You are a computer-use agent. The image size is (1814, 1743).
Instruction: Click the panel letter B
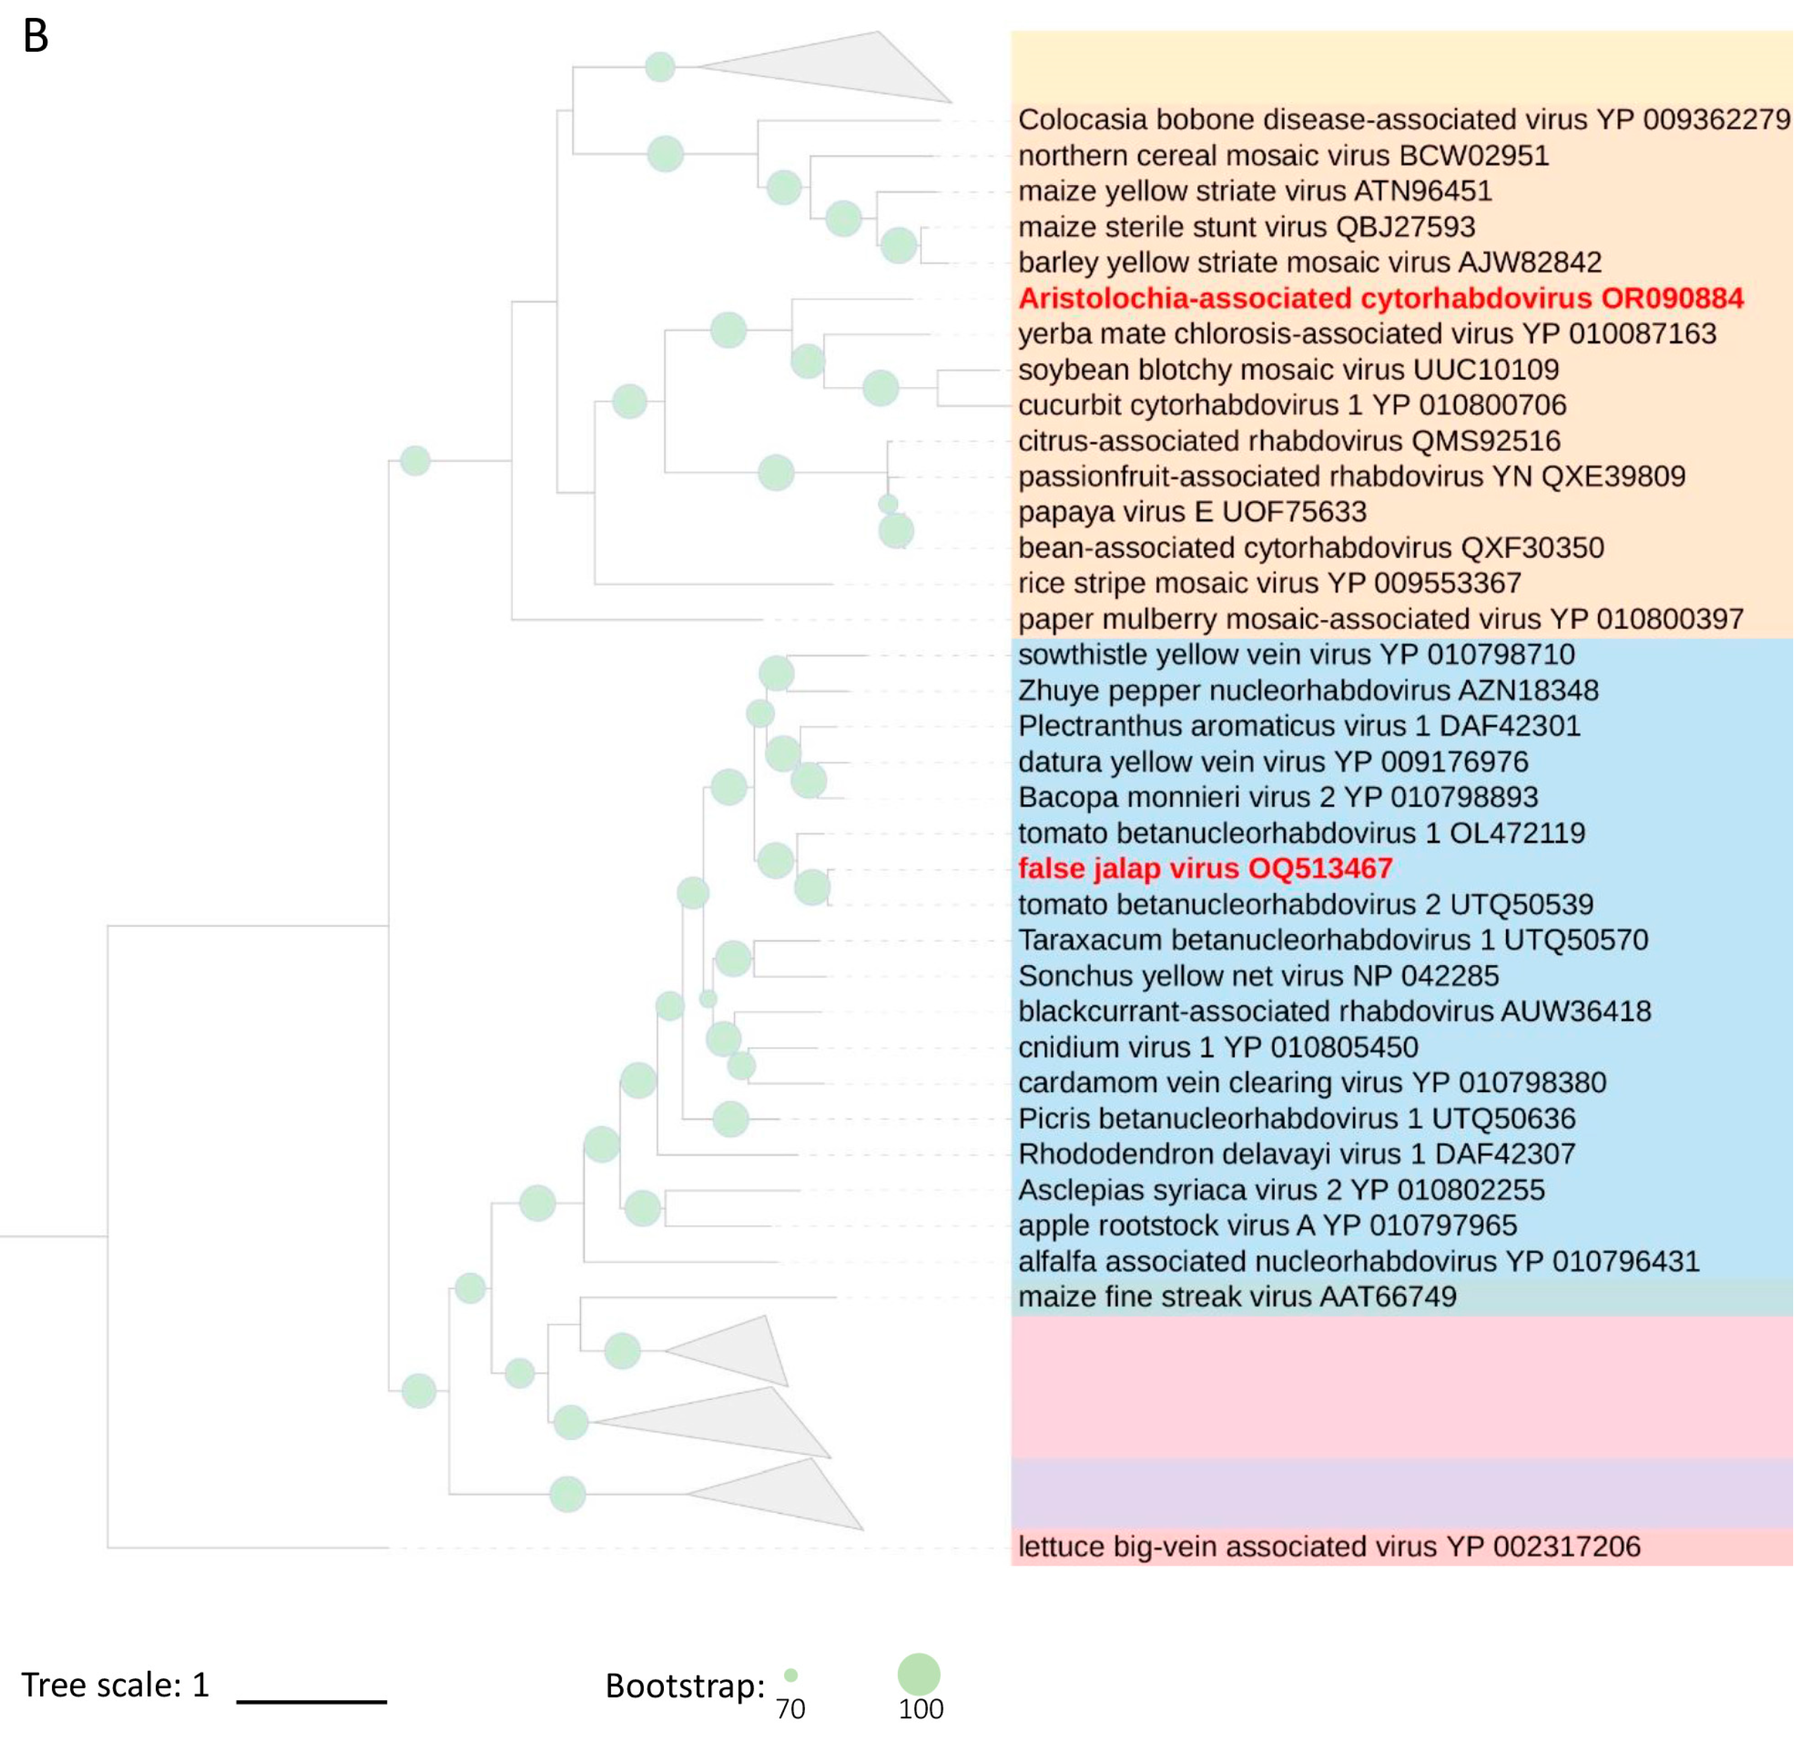[x=35, y=37]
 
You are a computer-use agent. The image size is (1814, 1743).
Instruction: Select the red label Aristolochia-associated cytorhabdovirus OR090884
[x=1380, y=298]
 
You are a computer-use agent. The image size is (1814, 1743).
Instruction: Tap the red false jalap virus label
[x=1204, y=868]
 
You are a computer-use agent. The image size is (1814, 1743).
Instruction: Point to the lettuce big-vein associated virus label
[x=1328, y=1546]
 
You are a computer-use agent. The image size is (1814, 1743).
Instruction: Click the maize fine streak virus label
[x=1236, y=1296]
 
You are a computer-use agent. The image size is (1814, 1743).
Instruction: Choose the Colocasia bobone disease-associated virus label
[x=1403, y=120]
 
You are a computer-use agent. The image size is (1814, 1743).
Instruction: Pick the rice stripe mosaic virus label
[x=1269, y=583]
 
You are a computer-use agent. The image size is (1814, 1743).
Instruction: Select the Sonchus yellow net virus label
[x=1258, y=976]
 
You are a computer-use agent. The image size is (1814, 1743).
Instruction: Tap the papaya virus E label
[x=1192, y=512]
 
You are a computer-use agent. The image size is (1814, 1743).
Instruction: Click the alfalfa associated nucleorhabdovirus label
[x=1358, y=1261]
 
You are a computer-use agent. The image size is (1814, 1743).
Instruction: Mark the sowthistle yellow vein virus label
[x=1296, y=654]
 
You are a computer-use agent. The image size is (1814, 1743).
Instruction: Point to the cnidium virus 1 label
[x=1217, y=1047]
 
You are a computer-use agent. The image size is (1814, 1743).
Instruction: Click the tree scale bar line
[x=312, y=1701]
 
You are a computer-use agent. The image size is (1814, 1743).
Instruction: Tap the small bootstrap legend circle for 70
[x=790, y=1675]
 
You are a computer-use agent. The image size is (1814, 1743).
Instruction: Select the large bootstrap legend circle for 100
[x=918, y=1674]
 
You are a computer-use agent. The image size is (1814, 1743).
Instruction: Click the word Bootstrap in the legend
[x=684, y=1685]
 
